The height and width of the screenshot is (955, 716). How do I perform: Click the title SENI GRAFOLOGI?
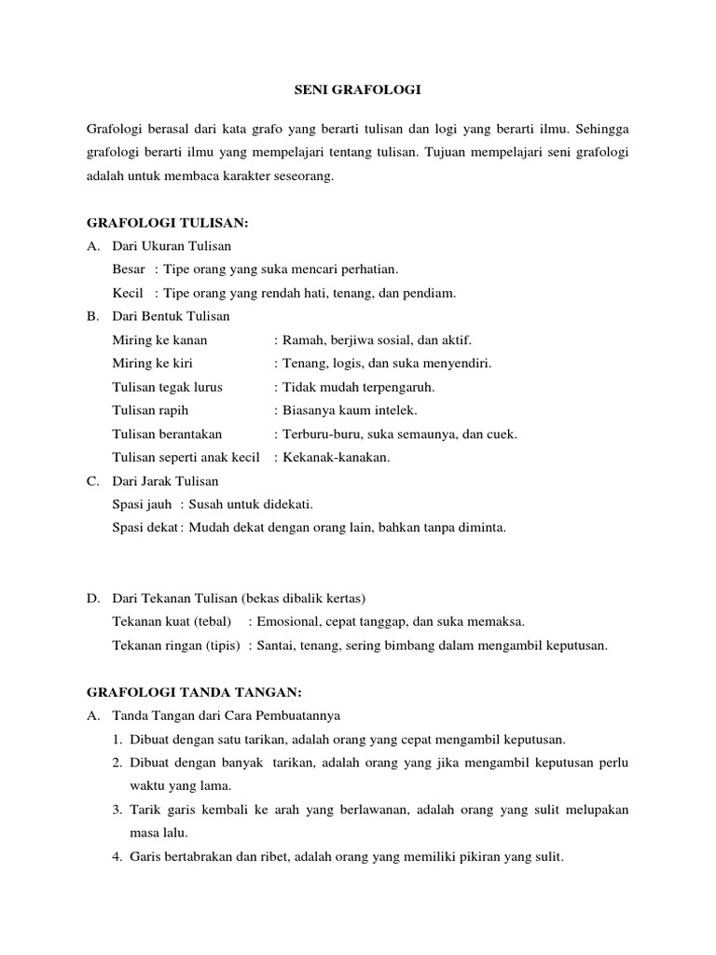(x=358, y=90)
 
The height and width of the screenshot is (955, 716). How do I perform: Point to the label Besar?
(x=128, y=270)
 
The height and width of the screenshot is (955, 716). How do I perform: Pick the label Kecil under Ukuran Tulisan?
(x=127, y=293)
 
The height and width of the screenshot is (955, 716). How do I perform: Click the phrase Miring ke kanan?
(x=159, y=340)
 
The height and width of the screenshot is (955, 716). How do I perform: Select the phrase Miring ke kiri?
(x=152, y=364)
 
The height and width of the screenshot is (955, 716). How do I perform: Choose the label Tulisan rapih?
(x=149, y=410)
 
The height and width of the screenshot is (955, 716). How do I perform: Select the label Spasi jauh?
(x=141, y=505)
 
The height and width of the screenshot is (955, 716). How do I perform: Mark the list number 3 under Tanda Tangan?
(x=119, y=810)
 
